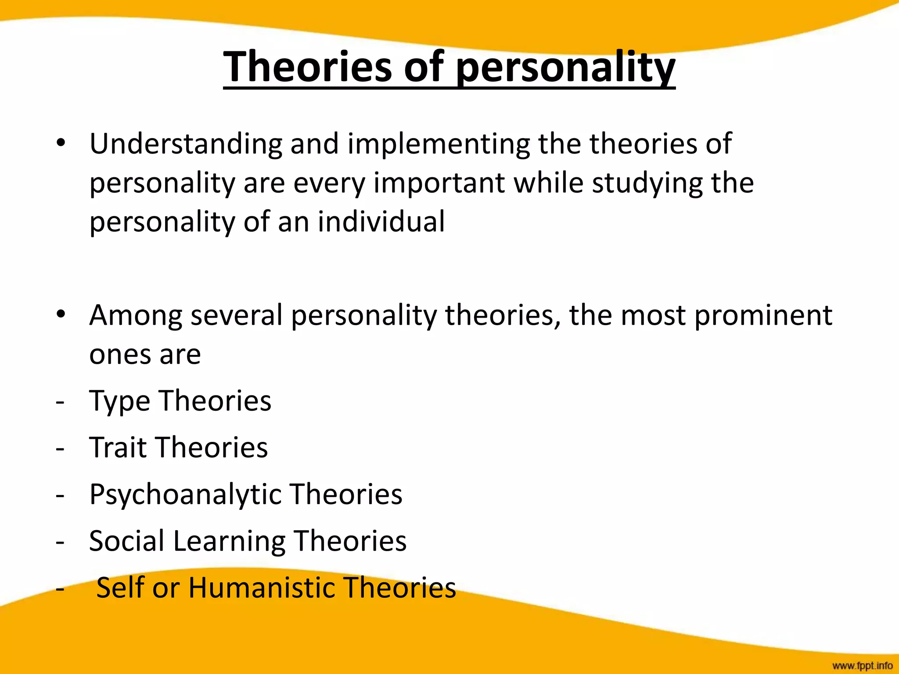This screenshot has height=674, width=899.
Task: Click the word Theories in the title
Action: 307,67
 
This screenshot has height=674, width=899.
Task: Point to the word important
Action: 439,183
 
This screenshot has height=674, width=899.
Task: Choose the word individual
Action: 381,221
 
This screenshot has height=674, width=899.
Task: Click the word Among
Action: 136,316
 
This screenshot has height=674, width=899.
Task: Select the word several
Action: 237,315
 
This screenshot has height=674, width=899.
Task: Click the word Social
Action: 126,541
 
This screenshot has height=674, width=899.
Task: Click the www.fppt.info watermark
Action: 862,666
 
